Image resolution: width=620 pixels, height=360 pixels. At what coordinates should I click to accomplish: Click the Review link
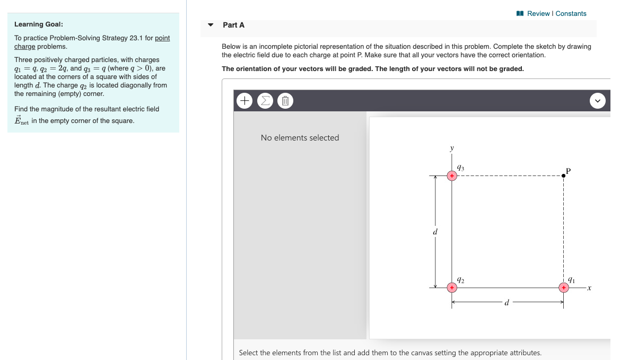[538, 14]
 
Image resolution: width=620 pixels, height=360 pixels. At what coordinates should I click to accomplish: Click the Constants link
[571, 14]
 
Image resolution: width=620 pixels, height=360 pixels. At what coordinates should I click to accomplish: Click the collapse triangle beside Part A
[211, 25]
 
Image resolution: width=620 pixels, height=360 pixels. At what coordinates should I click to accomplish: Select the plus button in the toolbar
[244, 100]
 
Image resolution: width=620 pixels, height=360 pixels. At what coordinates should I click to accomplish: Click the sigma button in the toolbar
[265, 100]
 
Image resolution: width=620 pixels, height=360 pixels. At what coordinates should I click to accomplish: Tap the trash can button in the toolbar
[285, 100]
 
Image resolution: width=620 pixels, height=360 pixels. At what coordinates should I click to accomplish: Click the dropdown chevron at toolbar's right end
[598, 100]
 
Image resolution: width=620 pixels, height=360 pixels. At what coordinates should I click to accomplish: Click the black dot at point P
[563, 175]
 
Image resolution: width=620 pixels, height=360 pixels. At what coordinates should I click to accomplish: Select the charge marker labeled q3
[451, 175]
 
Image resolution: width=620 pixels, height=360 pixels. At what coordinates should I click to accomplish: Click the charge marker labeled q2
[451, 287]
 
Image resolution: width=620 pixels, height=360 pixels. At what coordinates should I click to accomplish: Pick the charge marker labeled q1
[563, 287]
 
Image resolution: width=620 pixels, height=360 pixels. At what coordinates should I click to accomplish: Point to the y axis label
[452, 149]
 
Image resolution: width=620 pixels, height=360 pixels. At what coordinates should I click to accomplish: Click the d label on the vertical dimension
[435, 232]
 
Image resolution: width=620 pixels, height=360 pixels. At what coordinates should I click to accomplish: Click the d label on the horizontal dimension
[507, 303]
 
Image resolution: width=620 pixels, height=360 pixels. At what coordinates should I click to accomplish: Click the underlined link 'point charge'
[162, 39]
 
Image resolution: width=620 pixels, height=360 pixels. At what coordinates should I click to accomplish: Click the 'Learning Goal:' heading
[39, 24]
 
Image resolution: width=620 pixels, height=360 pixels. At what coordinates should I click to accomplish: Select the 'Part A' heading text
[233, 25]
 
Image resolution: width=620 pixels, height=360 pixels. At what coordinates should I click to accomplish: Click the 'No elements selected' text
[300, 138]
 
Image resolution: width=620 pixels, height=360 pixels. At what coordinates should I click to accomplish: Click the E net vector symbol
[21, 120]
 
